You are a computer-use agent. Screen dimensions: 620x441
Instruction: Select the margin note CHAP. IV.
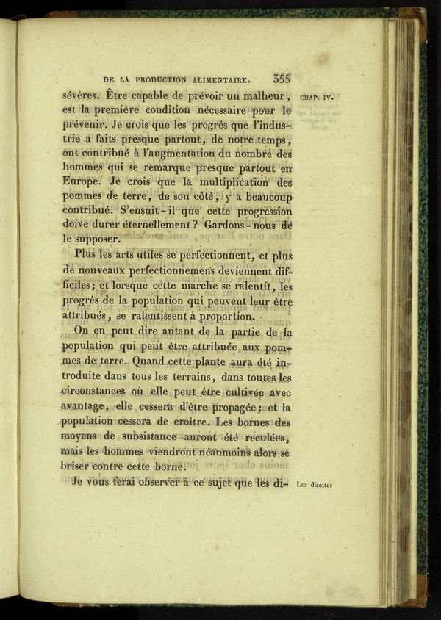(x=317, y=96)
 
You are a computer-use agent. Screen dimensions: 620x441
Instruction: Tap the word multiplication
(x=229, y=181)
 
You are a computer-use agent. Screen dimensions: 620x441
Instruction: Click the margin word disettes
(x=324, y=485)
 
